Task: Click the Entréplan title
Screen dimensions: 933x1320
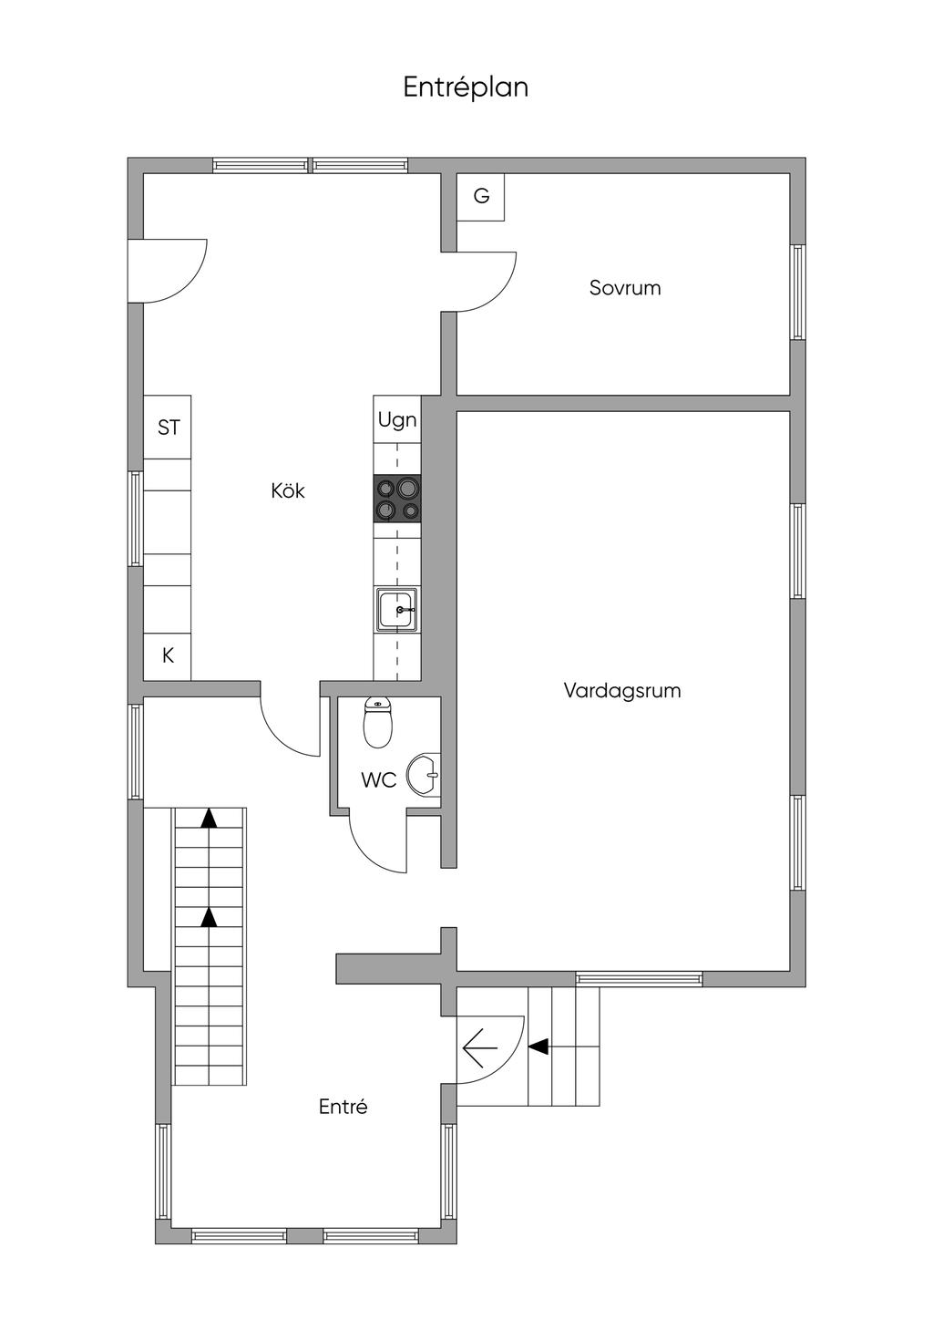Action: [x=466, y=88]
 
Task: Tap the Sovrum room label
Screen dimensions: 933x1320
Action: [x=625, y=287]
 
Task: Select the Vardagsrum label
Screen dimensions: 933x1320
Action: [x=622, y=691]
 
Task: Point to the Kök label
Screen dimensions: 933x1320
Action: [x=287, y=490]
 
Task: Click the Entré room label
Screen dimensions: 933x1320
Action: [x=343, y=1106]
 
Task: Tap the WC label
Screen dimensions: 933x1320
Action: [x=378, y=780]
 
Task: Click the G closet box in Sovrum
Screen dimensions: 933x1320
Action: [x=481, y=197]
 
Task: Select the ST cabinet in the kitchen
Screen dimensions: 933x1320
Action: [x=168, y=428]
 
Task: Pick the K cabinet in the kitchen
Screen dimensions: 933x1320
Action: [x=168, y=655]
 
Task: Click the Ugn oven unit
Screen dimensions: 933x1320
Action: [x=397, y=419]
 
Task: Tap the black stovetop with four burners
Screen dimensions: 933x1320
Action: [x=397, y=498]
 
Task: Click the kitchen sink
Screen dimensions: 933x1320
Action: [x=397, y=610]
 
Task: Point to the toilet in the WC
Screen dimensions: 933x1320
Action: [x=377, y=723]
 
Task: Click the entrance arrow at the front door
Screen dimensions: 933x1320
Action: [x=480, y=1048]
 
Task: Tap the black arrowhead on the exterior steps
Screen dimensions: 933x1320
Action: [x=538, y=1047]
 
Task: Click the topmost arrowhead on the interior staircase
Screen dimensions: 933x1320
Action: [x=209, y=818]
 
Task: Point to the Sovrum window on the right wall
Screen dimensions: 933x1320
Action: [x=797, y=293]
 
